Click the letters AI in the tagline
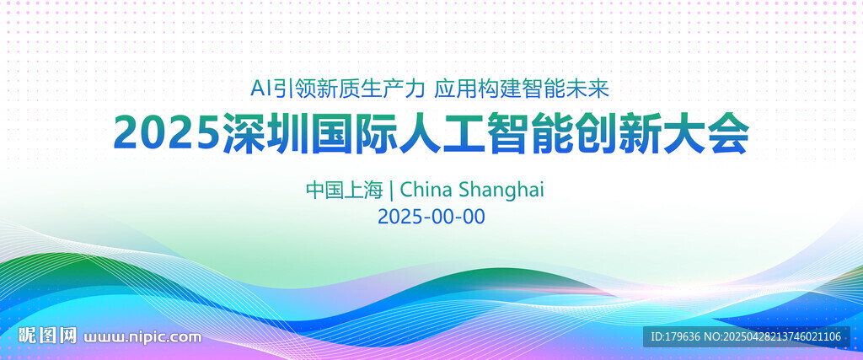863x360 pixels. pos(261,89)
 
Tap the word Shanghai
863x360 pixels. pos(501,191)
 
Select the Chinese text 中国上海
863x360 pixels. pos(344,190)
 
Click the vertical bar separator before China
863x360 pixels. pos(391,191)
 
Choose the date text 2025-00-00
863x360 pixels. pos(431,217)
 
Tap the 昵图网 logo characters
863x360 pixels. pos(47,336)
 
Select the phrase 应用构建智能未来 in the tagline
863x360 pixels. pos(522,89)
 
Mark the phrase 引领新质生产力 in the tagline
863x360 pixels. pos(350,89)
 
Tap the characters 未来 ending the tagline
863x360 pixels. pos(587,89)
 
